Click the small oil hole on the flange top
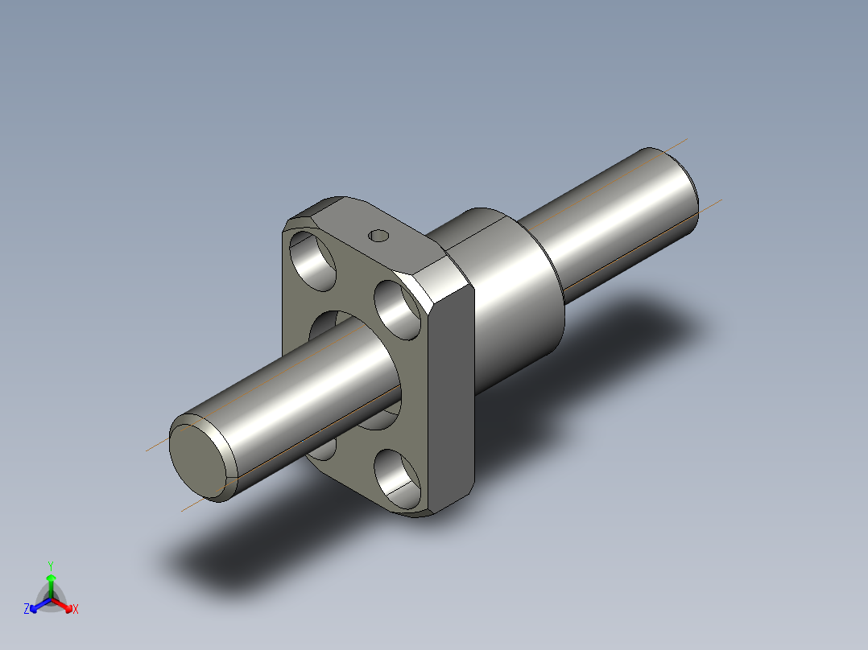pyautogui.click(x=378, y=236)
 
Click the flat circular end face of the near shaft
pyautogui.click(x=196, y=458)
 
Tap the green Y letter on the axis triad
pyautogui.click(x=51, y=566)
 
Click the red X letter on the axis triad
pyautogui.click(x=76, y=609)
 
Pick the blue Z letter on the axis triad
pyautogui.click(x=27, y=609)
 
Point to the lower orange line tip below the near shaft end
pyautogui.click(x=184, y=510)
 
